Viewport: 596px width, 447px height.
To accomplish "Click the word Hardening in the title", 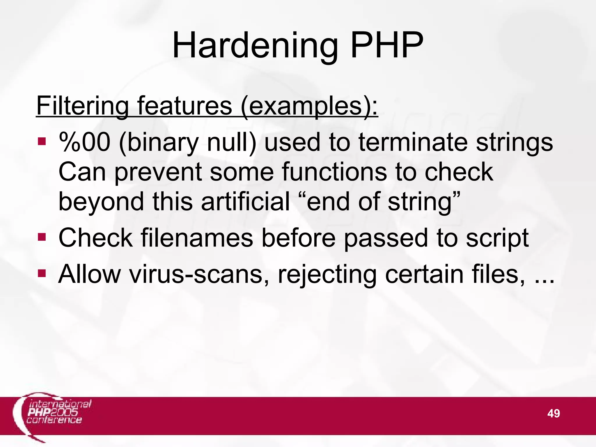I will click(255, 46).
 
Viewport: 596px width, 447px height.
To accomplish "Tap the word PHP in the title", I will click(387, 45).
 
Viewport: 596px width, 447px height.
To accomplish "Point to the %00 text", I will click(85, 142).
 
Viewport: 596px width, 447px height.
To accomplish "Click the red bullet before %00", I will click(42, 142).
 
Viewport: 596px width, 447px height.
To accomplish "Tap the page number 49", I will click(554, 413).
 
